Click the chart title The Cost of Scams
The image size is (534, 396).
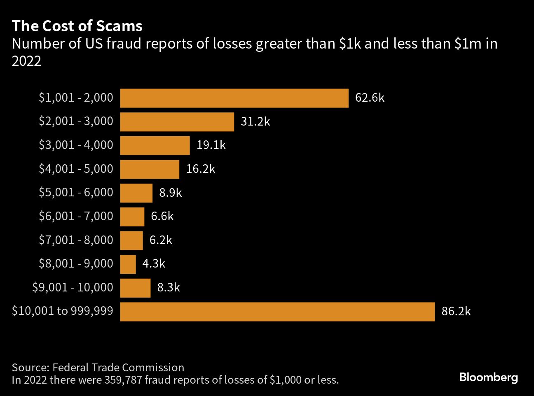(77, 26)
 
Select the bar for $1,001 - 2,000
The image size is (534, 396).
(234, 98)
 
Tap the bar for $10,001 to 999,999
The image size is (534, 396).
(277, 312)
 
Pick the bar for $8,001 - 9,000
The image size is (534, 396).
(128, 264)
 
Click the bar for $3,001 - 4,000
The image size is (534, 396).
(155, 145)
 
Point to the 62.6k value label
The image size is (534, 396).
(370, 98)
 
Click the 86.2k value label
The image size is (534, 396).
(456, 312)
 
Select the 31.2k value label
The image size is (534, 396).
(255, 122)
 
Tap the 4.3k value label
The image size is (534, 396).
(154, 264)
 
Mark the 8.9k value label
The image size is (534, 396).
(170, 193)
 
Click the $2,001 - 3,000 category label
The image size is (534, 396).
(76, 121)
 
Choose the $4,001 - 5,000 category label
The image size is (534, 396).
(76, 169)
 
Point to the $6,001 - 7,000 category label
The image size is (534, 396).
(76, 217)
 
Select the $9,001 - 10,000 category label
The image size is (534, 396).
(73, 287)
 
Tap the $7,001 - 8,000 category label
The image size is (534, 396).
(76, 240)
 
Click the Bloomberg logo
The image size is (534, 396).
(488, 377)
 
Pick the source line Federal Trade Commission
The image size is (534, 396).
(98, 367)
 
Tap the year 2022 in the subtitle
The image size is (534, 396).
(26, 61)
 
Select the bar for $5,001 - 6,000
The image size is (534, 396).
(136, 193)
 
